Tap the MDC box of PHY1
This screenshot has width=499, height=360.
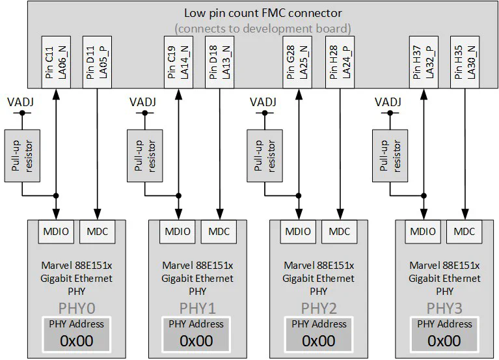219,231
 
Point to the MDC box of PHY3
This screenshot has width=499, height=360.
464,231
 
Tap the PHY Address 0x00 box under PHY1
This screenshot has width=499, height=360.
196,334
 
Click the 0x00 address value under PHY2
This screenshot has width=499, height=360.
318,340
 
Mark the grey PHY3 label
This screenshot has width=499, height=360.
444,307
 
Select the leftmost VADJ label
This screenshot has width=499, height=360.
21,102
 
